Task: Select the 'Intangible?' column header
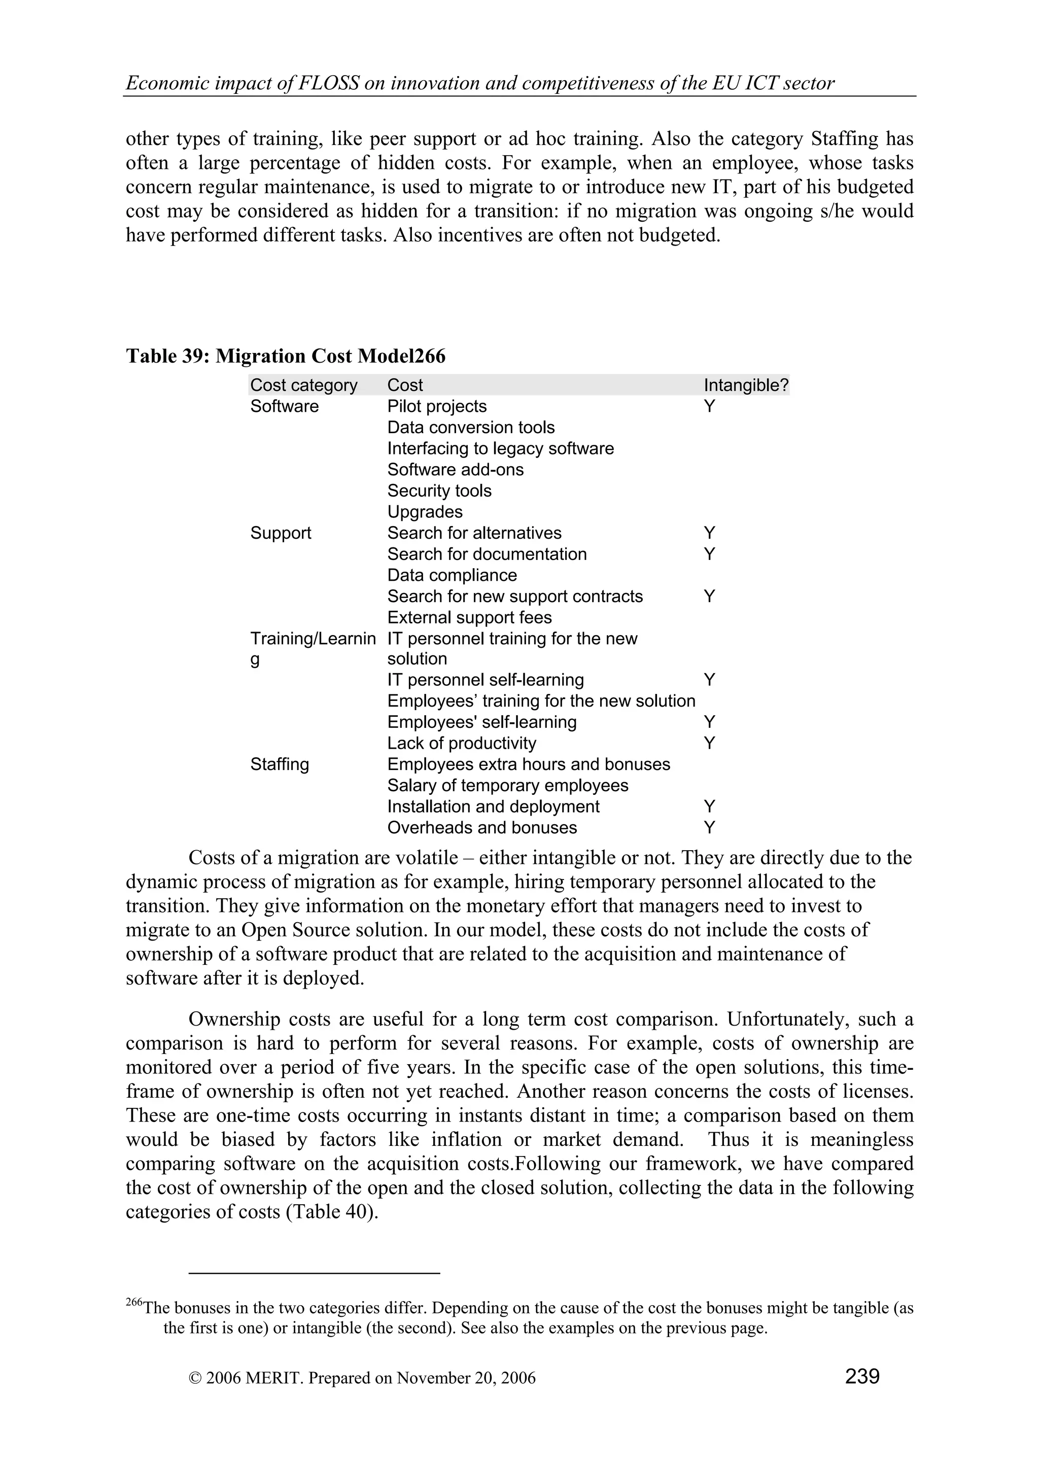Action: coord(746,386)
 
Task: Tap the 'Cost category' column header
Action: coord(303,386)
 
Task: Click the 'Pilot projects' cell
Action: coord(437,406)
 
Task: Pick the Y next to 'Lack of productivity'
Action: coord(709,743)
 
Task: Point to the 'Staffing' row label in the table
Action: coord(279,764)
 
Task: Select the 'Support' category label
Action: coord(281,533)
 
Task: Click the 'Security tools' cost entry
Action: coord(439,491)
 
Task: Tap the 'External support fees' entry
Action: coord(469,618)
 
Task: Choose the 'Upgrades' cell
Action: coord(425,512)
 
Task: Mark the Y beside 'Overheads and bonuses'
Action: coord(709,828)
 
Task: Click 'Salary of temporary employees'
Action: coord(508,786)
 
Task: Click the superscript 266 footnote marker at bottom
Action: coord(134,1303)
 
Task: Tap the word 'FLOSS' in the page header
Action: coord(328,83)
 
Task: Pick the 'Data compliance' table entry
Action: coord(452,576)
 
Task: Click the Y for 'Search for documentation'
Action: coord(709,554)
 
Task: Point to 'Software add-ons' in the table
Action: coord(455,470)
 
